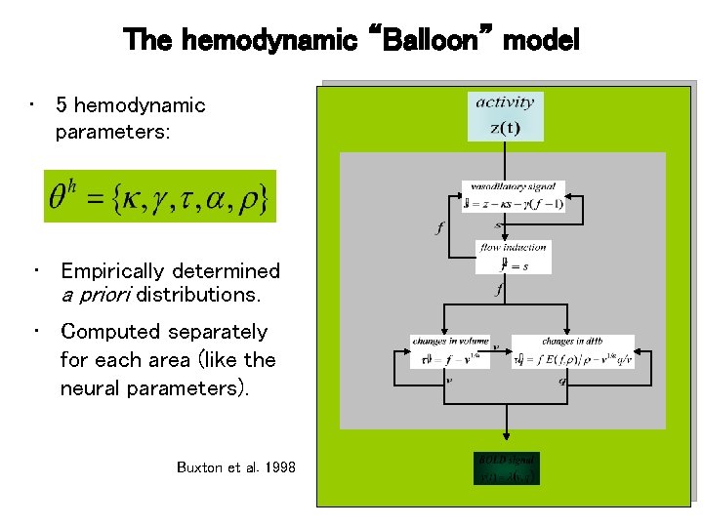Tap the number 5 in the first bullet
[x=62, y=105]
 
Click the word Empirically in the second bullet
[x=112, y=271]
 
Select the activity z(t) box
[x=505, y=115]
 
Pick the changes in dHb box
[x=572, y=351]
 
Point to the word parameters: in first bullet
[x=112, y=131]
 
